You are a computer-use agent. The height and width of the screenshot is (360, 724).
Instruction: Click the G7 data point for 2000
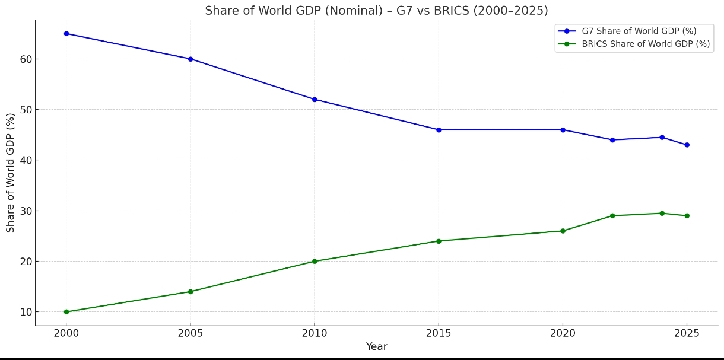click(66, 34)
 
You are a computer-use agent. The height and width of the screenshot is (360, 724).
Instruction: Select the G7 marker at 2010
click(315, 100)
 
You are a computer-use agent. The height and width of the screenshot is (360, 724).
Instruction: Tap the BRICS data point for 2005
click(190, 292)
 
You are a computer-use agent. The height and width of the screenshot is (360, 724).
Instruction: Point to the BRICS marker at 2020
click(563, 231)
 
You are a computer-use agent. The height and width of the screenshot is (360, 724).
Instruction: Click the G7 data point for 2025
click(687, 145)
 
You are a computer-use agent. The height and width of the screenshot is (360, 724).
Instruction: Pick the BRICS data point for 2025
click(687, 216)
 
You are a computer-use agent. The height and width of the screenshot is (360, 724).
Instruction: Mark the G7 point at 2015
click(439, 130)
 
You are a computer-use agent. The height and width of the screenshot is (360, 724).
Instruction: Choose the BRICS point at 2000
click(66, 312)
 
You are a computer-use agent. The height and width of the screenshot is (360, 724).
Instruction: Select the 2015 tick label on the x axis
click(439, 334)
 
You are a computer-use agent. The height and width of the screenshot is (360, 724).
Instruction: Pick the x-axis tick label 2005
click(190, 334)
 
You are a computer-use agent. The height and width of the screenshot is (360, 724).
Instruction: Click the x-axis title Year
click(376, 347)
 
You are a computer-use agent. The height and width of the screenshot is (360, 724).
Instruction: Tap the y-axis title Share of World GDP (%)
click(11, 173)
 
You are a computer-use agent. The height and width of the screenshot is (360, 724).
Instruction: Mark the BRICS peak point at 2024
click(662, 214)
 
